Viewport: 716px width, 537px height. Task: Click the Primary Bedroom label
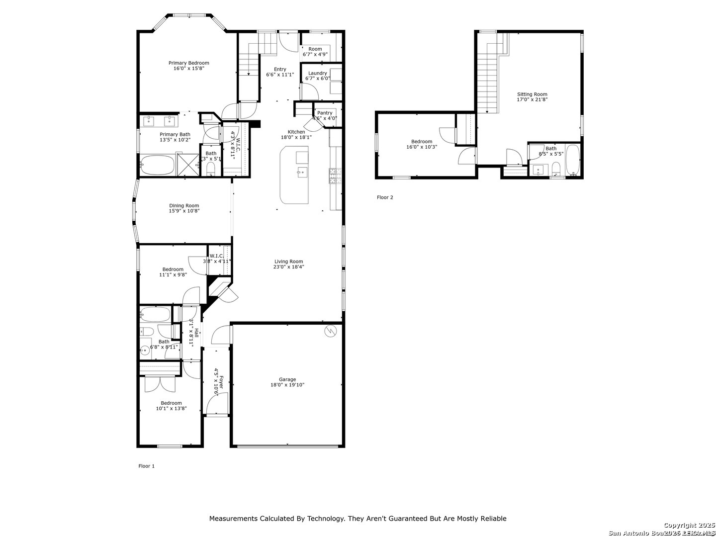pos(188,63)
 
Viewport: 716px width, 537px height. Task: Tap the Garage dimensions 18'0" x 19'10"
pos(287,385)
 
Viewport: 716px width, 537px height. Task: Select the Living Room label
pos(288,262)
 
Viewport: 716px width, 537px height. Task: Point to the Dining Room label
pos(184,206)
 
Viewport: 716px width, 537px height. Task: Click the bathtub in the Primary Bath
pos(157,165)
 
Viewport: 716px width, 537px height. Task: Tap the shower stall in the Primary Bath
pos(187,165)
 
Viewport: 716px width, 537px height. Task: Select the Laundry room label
pos(317,73)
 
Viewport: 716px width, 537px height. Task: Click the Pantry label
pos(325,113)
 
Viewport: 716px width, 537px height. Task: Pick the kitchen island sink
pos(302,173)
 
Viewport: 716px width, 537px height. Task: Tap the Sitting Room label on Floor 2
pos(532,94)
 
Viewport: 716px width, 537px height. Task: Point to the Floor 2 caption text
pos(385,197)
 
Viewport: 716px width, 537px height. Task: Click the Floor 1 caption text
pos(146,466)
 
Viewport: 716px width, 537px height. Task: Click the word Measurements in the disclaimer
pos(233,519)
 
